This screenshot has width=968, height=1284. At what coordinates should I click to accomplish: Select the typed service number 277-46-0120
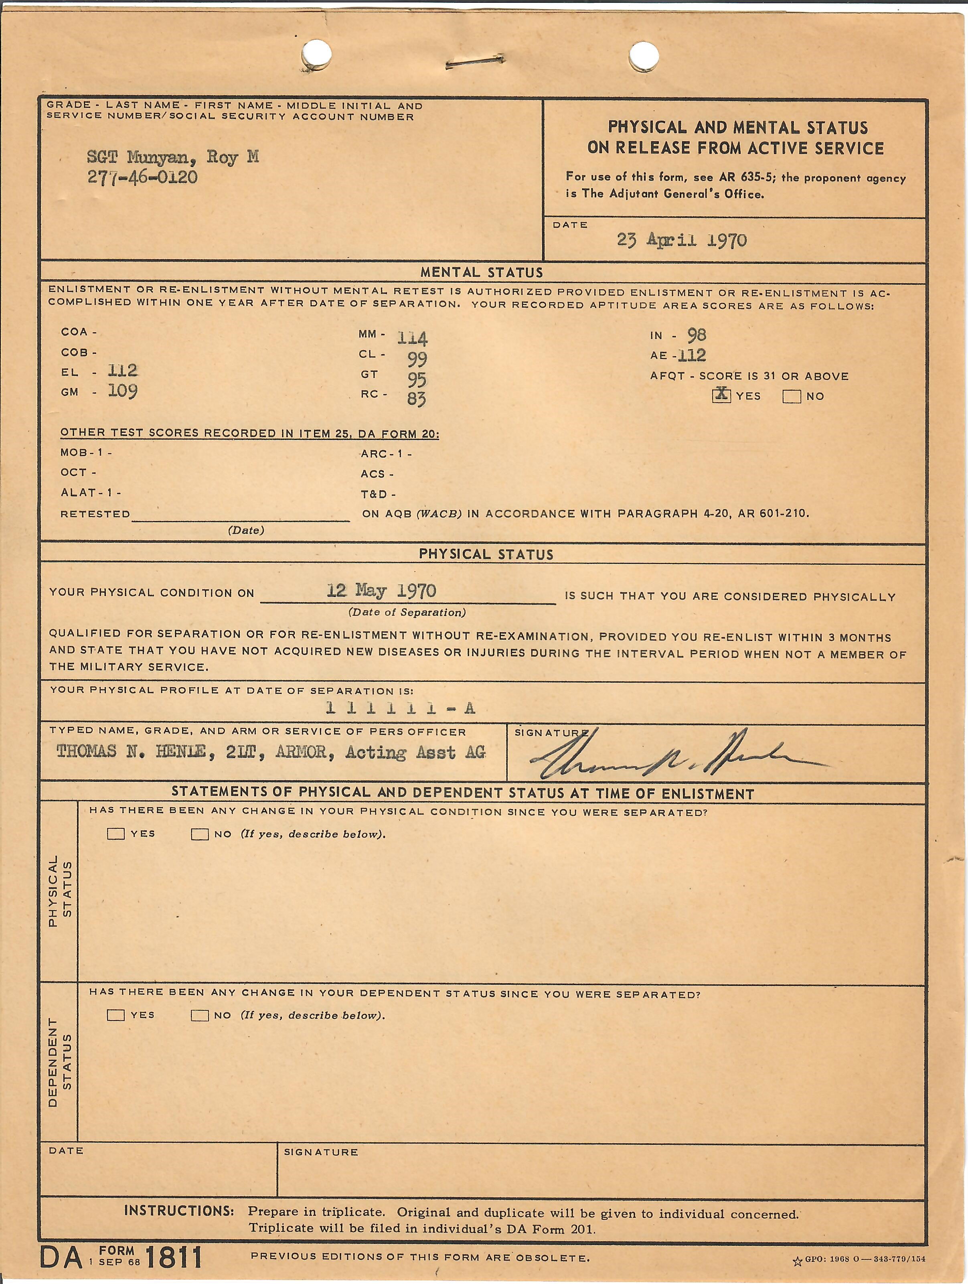[142, 176]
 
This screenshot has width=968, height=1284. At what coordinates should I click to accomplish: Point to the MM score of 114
[412, 337]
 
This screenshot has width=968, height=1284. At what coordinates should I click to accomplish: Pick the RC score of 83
[416, 399]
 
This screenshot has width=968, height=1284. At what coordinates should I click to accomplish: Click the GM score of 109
[122, 391]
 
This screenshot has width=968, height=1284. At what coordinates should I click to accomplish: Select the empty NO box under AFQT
[792, 396]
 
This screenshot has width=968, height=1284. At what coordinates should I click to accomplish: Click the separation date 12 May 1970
[381, 591]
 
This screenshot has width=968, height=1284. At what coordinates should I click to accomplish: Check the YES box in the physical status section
[116, 834]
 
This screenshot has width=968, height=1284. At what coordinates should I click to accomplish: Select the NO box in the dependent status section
[200, 1015]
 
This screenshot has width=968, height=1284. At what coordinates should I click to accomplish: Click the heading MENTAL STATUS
[482, 272]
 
